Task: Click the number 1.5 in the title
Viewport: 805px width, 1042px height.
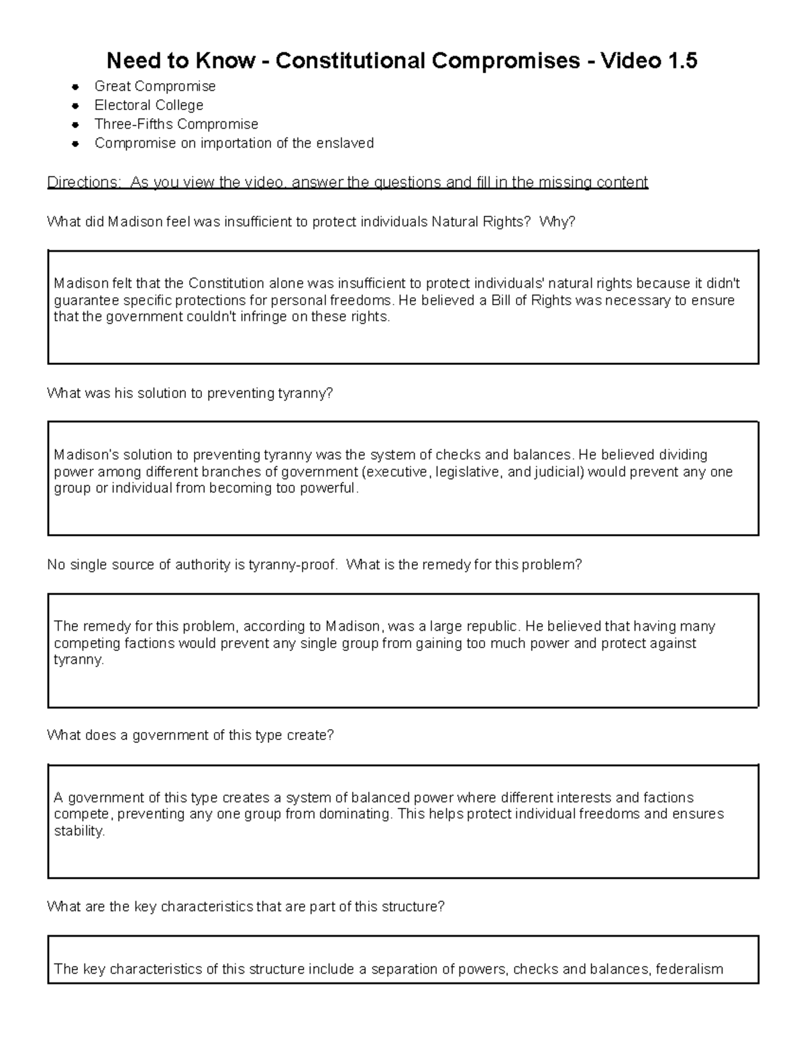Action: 679,61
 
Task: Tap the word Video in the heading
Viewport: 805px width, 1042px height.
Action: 629,61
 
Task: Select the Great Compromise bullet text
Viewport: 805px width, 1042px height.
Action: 155,86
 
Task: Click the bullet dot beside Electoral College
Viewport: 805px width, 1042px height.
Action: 76,105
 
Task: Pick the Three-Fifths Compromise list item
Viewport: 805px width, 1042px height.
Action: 176,124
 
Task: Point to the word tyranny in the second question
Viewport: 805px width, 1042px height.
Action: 303,393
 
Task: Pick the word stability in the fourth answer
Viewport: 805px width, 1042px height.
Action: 78,831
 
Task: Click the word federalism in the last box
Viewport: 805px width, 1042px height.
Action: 689,969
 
